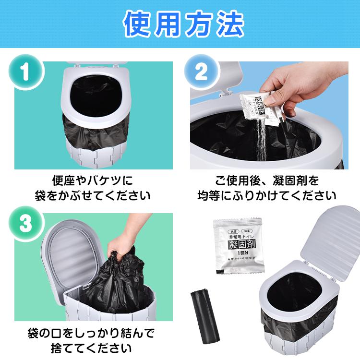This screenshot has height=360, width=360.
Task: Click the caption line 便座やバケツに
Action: pyautogui.click(x=92, y=181)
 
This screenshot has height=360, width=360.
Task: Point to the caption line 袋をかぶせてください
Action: pyautogui.click(x=92, y=196)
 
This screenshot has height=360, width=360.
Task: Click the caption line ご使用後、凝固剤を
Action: pyautogui.click(x=267, y=181)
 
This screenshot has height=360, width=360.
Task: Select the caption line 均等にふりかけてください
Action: pyautogui.click(x=267, y=196)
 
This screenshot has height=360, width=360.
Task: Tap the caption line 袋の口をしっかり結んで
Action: pyautogui.click(x=91, y=333)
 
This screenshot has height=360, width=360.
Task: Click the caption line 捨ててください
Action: pyautogui.click(x=91, y=348)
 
